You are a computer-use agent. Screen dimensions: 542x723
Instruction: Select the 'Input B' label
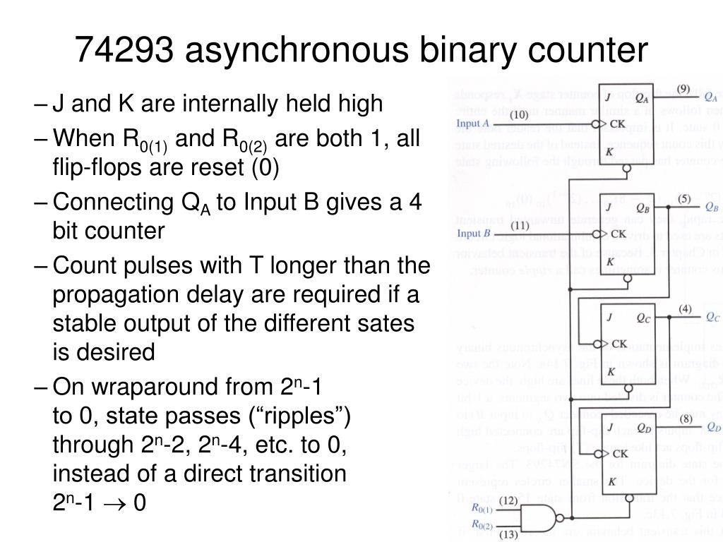[473, 234]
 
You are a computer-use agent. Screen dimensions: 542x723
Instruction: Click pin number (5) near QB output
[684, 198]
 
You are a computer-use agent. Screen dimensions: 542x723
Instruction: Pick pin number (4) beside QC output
[685, 308]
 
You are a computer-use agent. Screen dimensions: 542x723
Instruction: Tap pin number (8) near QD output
[685, 418]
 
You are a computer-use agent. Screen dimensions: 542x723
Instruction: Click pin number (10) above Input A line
[519, 114]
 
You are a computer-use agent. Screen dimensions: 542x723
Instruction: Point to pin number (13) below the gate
[508, 534]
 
